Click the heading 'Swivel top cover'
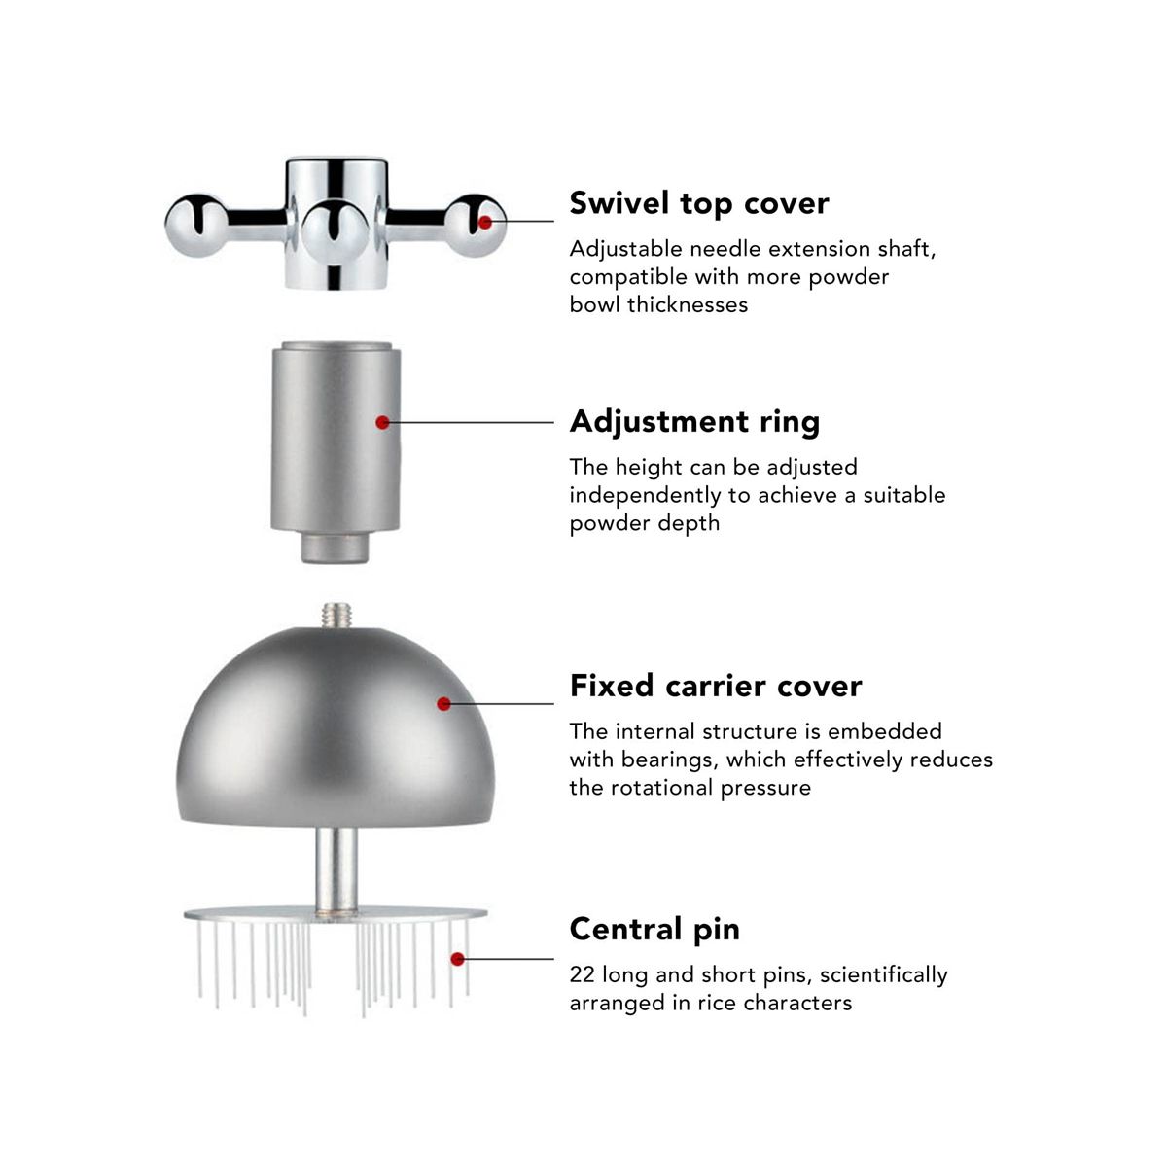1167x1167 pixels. [699, 204]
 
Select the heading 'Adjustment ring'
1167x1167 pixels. [694, 422]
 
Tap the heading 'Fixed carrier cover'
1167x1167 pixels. [715, 687]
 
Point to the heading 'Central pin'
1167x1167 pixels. [654, 929]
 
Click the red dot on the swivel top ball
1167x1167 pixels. [485, 223]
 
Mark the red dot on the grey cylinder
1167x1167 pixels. [382, 422]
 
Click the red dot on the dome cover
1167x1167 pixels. [443, 704]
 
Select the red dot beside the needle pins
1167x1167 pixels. [458, 959]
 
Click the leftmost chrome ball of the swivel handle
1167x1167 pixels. [196, 226]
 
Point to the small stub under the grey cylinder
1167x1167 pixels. [335, 548]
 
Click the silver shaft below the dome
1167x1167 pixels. [336, 869]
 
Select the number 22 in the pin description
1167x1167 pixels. [582, 975]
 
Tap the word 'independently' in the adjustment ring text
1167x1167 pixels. [646, 496]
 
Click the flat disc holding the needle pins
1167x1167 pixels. [336, 914]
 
